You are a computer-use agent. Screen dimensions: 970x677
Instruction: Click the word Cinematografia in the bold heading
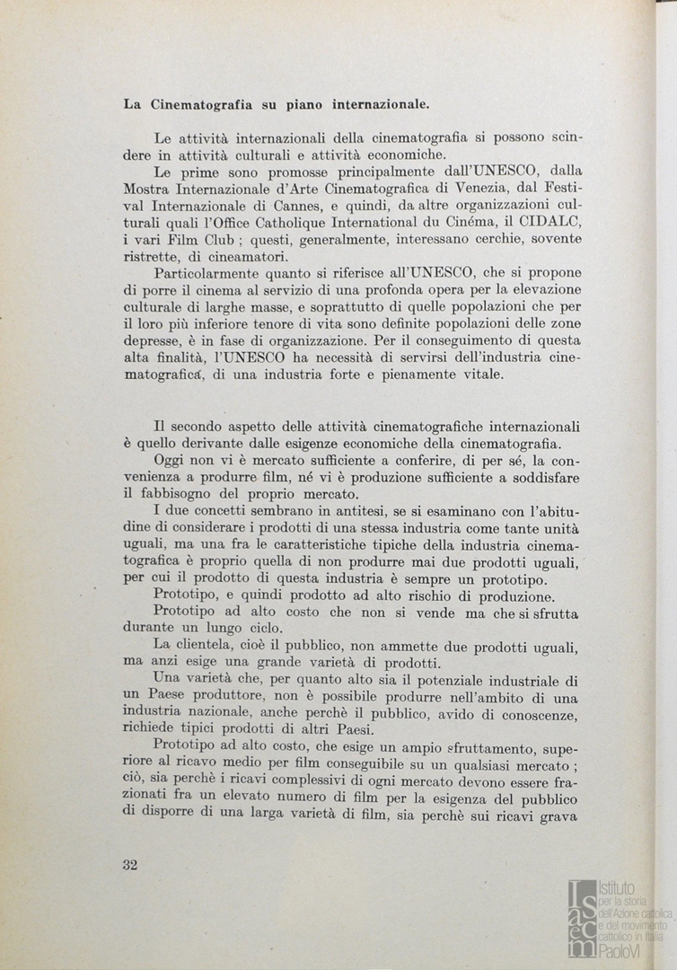197,104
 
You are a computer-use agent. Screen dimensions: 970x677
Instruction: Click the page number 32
130,865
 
